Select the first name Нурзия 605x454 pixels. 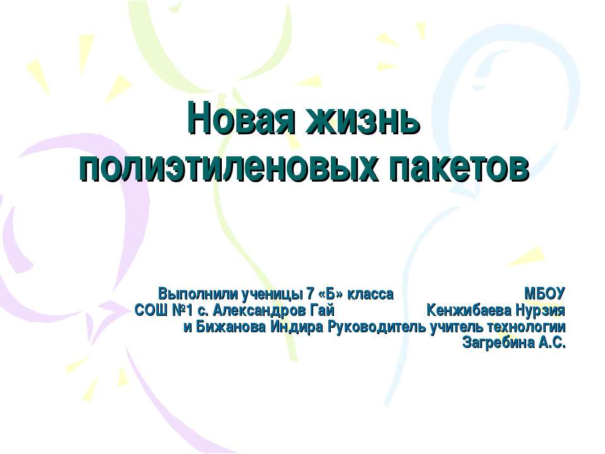tap(539, 311)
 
